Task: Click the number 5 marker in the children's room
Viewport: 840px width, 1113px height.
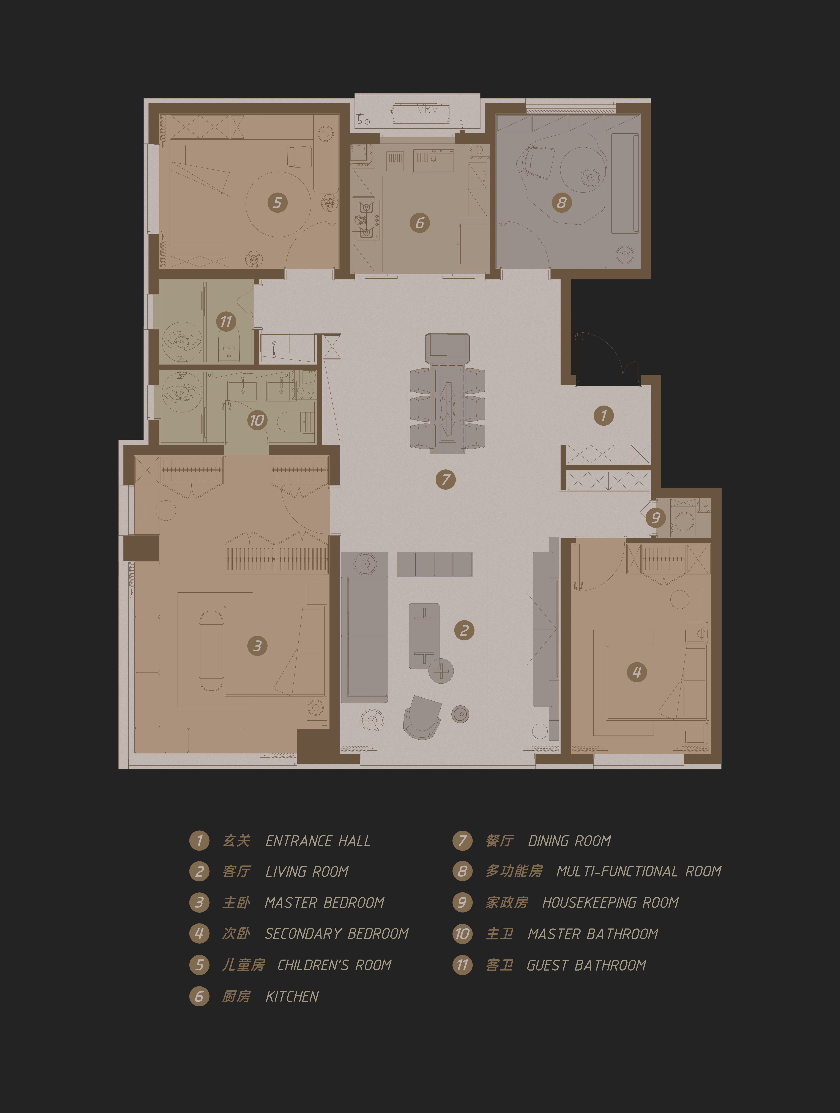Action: [x=277, y=203]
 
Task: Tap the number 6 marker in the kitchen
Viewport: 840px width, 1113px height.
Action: [x=419, y=223]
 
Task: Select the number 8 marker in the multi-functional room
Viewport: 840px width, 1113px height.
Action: [x=561, y=203]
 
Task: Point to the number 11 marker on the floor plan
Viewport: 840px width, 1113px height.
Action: [x=226, y=322]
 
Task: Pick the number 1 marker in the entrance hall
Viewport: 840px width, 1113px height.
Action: [x=604, y=416]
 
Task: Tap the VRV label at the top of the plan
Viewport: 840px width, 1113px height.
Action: [x=427, y=108]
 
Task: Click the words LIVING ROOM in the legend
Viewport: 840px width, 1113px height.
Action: [x=307, y=871]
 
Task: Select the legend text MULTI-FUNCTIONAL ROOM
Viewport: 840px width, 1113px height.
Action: [x=639, y=871]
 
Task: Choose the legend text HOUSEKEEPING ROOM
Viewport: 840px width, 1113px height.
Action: [x=610, y=903]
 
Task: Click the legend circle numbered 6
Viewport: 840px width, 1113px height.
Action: [x=199, y=996]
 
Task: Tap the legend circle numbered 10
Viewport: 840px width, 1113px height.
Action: [x=462, y=934]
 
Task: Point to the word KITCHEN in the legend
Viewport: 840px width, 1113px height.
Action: [x=292, y=996]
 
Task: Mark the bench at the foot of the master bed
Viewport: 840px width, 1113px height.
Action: [x=212, y=651]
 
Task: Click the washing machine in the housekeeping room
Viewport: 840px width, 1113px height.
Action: [x=684, y=521]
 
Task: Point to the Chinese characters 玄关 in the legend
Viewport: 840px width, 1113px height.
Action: [x=236, y=840]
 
